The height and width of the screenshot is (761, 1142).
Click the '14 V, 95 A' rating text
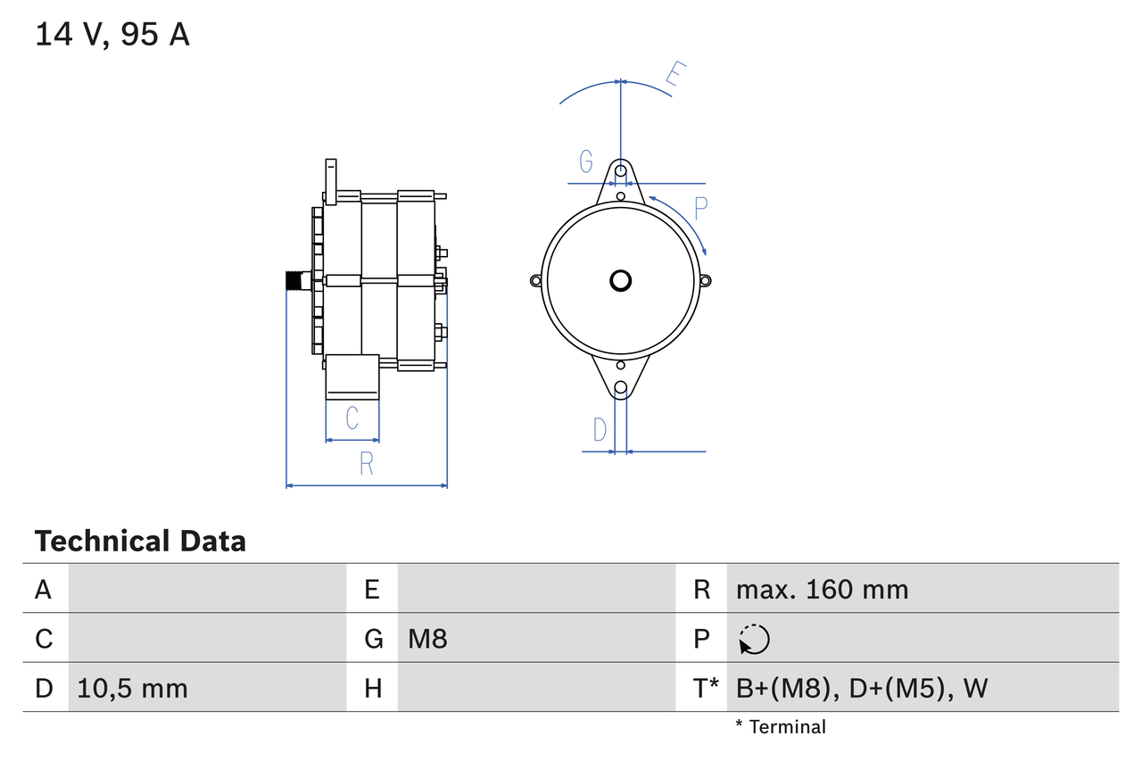(112, 35)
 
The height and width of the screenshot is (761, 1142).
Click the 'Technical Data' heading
(140, 542)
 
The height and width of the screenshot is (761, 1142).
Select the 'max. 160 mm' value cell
(822, 590)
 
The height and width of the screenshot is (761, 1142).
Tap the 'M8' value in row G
(427, 639)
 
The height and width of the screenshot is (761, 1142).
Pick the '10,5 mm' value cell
(132, 688)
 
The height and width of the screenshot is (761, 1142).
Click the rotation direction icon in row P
(754, 639)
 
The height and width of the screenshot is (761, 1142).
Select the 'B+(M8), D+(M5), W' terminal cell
(862, 688)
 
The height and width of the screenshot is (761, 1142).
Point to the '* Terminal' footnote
(781, 727)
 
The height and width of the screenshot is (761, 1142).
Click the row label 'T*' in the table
(706, 688)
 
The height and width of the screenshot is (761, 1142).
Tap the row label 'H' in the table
(373, 688)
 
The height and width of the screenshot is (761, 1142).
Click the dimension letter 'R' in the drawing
(366, 464)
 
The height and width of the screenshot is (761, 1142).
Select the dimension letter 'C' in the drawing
(352, 418)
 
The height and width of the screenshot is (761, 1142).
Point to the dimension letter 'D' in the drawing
(600, 430)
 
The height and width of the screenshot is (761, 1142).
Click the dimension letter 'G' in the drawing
(586, 161)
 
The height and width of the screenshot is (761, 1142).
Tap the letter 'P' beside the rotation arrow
(700, 209)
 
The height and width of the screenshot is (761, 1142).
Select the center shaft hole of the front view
(620, 280)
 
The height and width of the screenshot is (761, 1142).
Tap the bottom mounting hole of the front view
(620, 387)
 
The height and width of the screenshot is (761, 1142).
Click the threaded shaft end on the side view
(293, 280)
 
